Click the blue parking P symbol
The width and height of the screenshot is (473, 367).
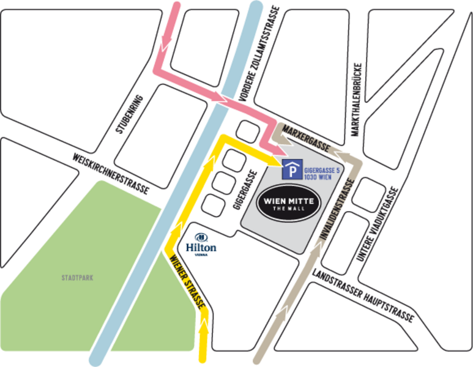(x=292, y=169)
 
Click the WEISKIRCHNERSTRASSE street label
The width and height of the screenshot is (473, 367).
(x=110, y=174)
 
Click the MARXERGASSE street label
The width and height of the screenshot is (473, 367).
(x=304, y=139)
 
